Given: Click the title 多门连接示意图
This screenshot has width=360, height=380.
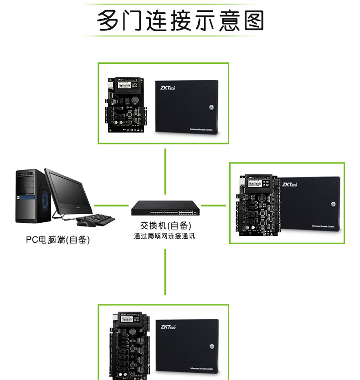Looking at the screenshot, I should click(180, 21).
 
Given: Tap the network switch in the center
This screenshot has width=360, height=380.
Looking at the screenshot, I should click(165, 209).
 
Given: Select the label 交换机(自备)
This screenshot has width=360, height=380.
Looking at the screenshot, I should click(165, 226).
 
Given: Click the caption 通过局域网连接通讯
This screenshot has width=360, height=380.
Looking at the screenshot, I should click(165, 236).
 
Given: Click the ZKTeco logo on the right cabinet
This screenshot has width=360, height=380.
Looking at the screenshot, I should click(290, 185).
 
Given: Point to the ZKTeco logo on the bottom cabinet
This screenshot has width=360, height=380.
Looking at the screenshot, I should click(171, 326).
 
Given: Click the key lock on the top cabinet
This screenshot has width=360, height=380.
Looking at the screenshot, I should click(211, 108).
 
